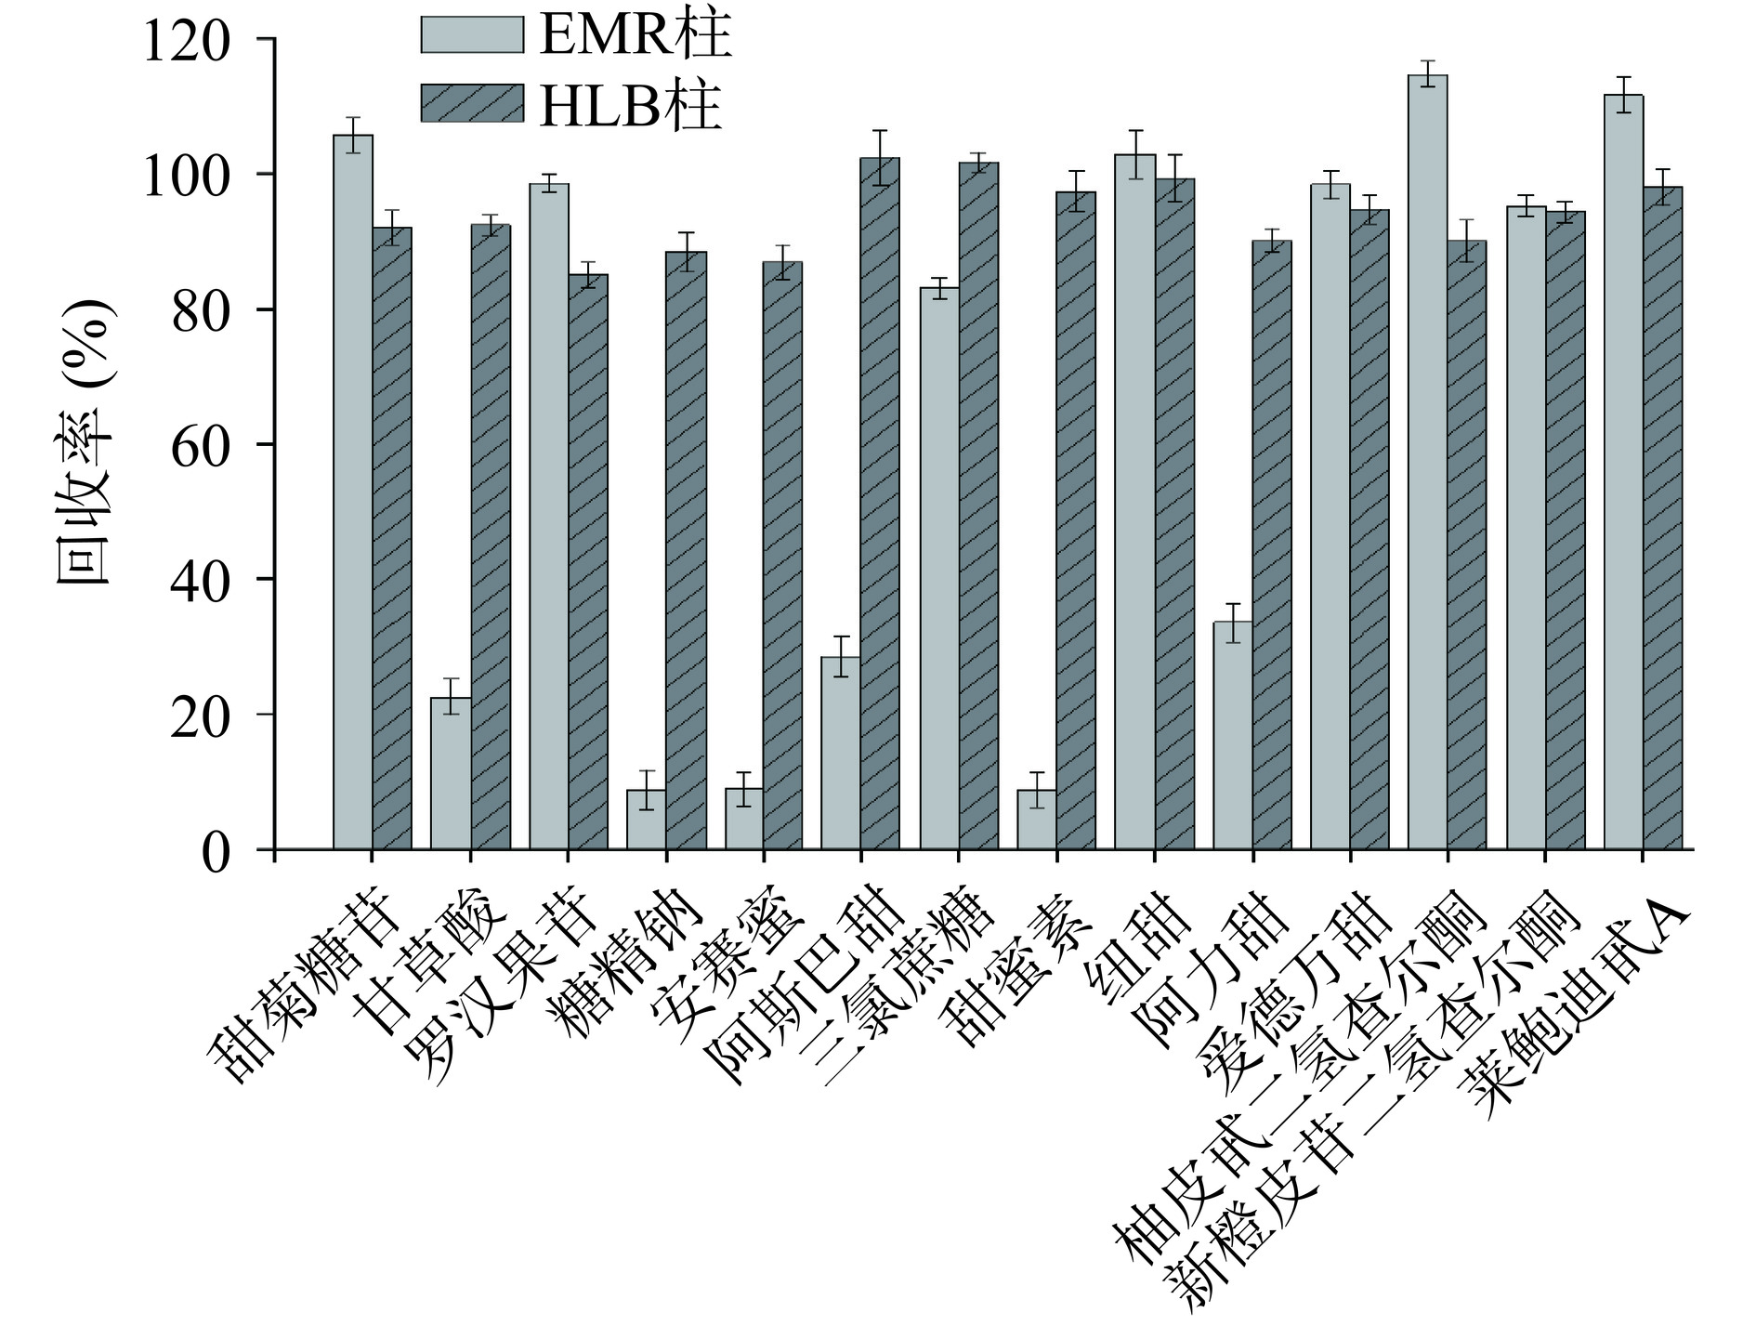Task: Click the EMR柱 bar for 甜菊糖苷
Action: pyautogui.click(x=353, y=492)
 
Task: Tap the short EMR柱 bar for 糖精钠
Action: pyautogui.click(x=646, y=820)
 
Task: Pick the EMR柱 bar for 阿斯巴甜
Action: pyautogui.click(x=841, y=754)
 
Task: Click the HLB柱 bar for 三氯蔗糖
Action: pyautogui.click(x=979, y=506)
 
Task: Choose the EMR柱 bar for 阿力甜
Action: pyautogui.click(x=1232, y=736)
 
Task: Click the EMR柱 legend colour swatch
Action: pyautogui.click(x=471, y=34)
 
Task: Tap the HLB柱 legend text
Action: pyautogui.click(x=630, y=106)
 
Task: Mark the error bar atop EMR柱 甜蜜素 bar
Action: pyautogui.click(x=1037, y=790)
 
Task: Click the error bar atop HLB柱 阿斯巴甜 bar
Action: pyautogui.click(x=880, y=158)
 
